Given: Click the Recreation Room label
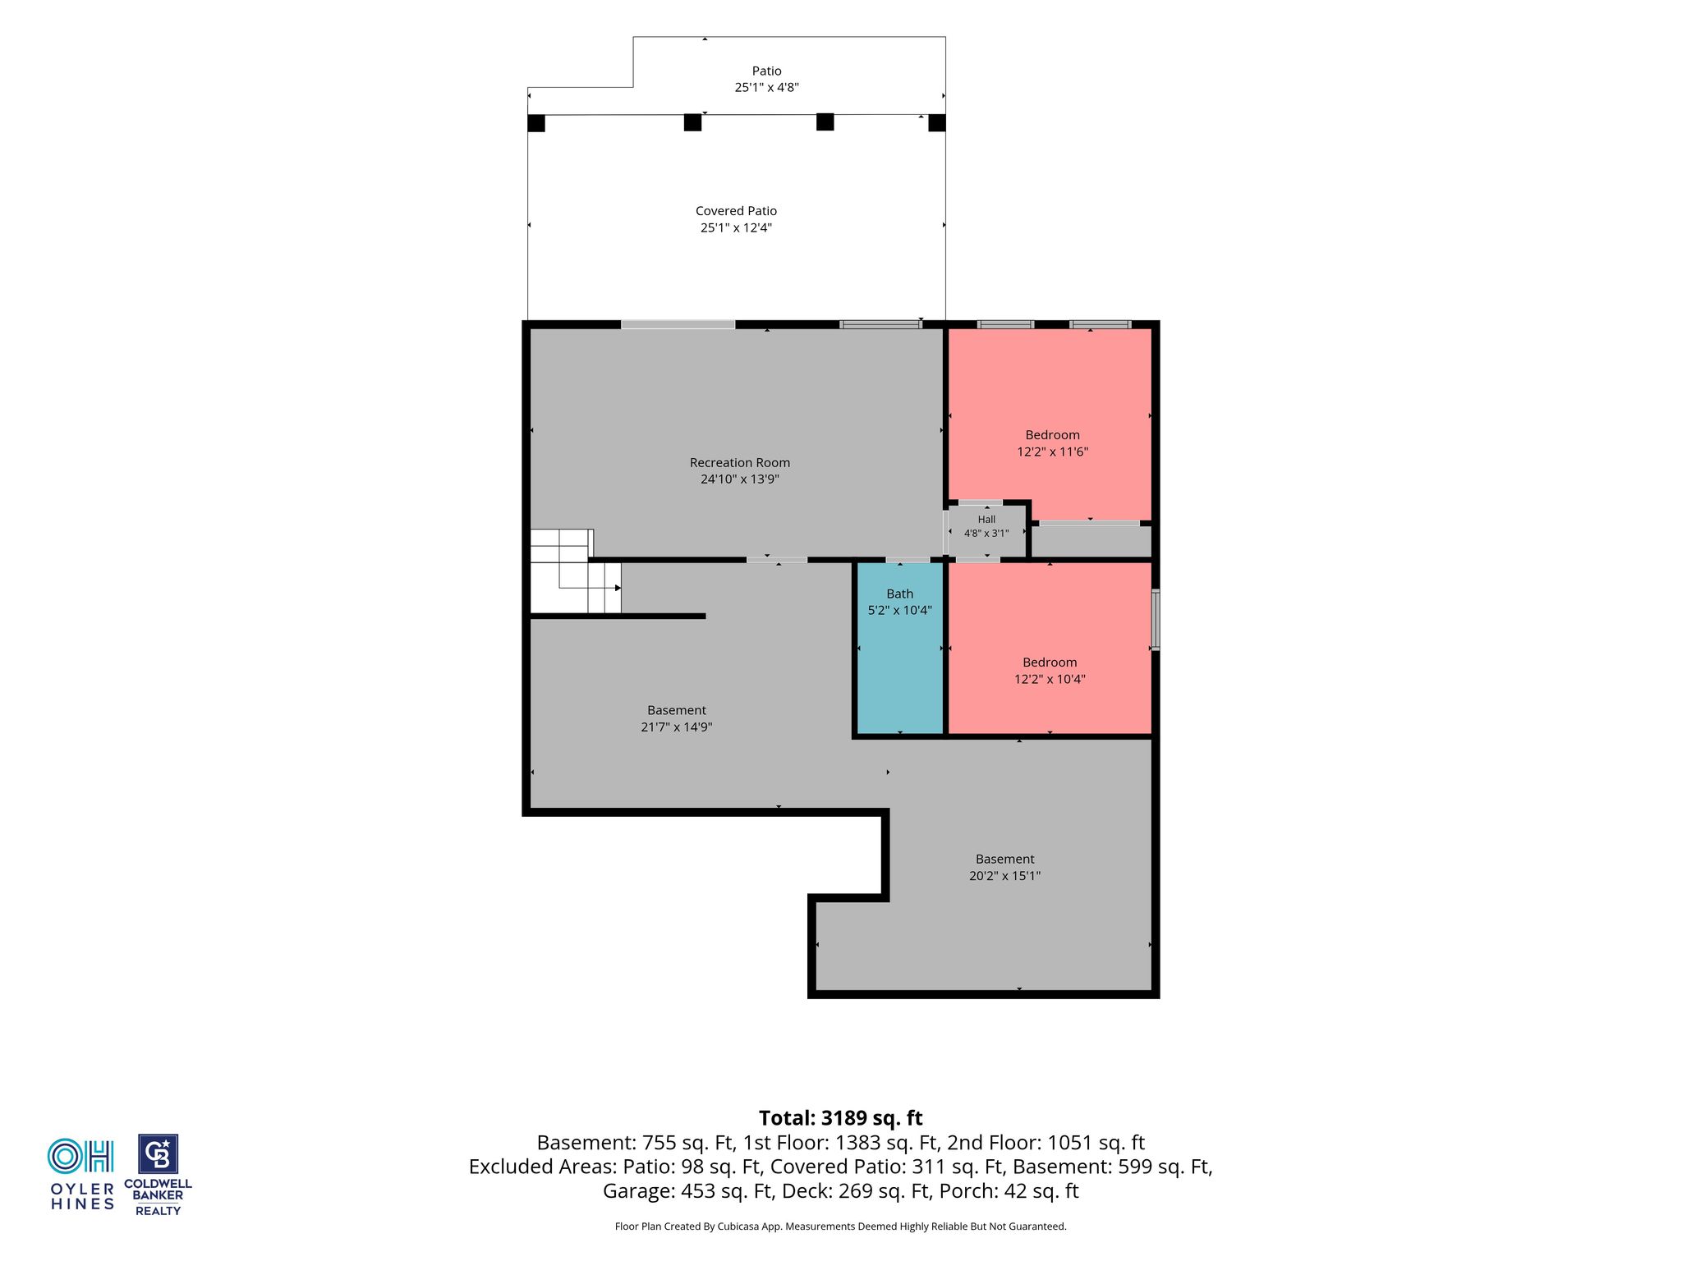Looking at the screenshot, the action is pyautogui.click(x=739, y=463).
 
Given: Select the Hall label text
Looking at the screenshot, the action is pyautogui.click(x=986, y=520).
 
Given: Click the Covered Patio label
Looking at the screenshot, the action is pyautogui.click(x=736, y=211).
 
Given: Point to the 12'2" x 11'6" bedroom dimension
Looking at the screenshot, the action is pyautogui.click(x=1052, y=452).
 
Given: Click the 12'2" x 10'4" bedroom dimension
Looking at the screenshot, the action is pyautogui.click(x=1050, y=679).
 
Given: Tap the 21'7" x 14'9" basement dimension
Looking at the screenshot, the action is pyautogui.click(x=676, y=727).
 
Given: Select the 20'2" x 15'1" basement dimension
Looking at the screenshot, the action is pyautogui.click(x=1004, y=875).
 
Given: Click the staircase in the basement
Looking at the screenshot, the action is pyautogui.click(x=575, y=571).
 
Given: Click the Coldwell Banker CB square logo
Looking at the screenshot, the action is pyautogui.click(x=158, y=1154).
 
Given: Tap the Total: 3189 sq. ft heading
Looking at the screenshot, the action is pyautogui.click(x=841, y=1118).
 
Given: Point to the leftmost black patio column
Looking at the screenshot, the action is pyautogui.click(x=536, y=123).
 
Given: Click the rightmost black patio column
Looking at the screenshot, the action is pyautogui.click(x=937, y=123).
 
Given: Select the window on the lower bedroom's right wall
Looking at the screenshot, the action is pyautogui.click(x=1156, y=620).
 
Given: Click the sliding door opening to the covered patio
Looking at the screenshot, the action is pyautogui.click(x=678, y=325).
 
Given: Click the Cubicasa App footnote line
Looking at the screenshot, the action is pyautogui.click(x=841, y=1227).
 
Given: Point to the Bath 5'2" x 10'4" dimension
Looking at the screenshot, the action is pyautogui.click(x=900, y=610).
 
